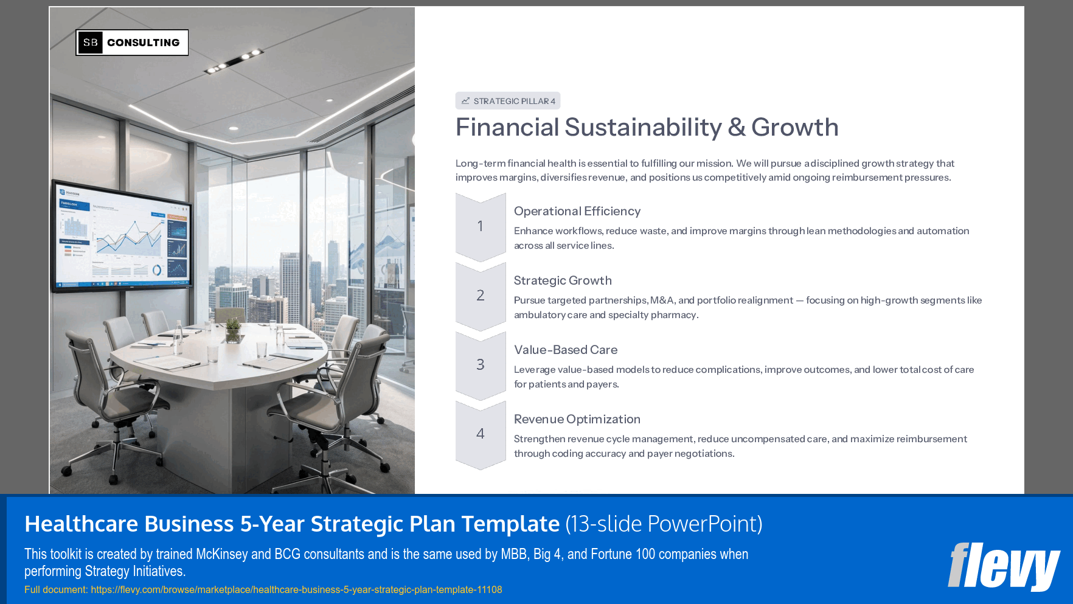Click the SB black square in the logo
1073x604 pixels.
click(91, 43)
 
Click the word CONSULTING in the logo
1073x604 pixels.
click(144, 43)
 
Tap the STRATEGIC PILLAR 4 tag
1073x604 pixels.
click(508, 101)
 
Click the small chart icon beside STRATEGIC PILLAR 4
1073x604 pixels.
click(465, 101)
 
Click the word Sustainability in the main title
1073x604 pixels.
click(643, 128)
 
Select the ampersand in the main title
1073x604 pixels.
click(737, 128)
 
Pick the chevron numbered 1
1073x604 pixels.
click(481, 227)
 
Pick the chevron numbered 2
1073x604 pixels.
click(481, 296)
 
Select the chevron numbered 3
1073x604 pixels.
click(481, 366)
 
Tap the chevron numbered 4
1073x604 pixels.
click(481, 434)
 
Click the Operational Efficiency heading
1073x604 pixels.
click(577, 211)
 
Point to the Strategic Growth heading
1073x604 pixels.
click(563, 280)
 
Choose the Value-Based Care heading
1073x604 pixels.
click(566, 350)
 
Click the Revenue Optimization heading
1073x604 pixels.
click(577, 419)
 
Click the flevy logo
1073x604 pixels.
click(1003, 566)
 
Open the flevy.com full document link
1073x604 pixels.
click(296, 589)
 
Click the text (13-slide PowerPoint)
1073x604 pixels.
click(664, 524)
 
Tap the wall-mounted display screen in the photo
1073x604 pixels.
click(122, 237)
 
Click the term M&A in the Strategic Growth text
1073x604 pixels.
click(662, 300)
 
